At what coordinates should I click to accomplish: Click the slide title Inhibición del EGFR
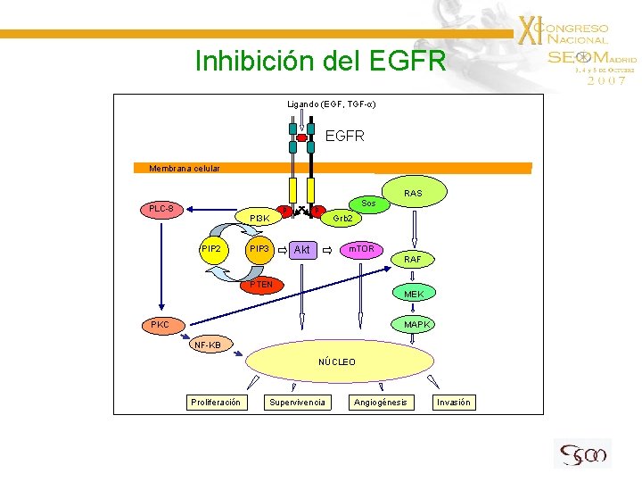click(313, 62)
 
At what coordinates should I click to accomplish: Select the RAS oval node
click(413, 192)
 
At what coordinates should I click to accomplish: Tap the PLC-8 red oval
click(161, 209)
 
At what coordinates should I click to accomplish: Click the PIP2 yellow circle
click(212, 249)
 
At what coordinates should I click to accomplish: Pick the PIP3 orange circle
click(259, 249)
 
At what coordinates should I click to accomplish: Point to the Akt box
click(301, 250)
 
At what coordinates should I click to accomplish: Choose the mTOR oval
click(361, 249)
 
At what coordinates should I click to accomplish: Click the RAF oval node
click(413, 259)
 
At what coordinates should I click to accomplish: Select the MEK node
click(414, 294)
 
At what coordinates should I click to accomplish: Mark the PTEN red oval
click(261, 285)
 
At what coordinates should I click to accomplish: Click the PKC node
click(160, 324)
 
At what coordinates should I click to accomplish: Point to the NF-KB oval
click(210, 345)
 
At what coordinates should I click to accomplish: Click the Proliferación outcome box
click(215, 403)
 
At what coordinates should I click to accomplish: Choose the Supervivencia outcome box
click(297, 403)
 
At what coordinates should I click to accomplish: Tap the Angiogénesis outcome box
click(380, 403)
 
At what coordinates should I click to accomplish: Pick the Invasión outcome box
click(453, 403)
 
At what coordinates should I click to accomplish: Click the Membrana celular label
click(184, 168)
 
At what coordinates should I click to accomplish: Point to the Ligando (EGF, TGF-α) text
click(331, 104)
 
